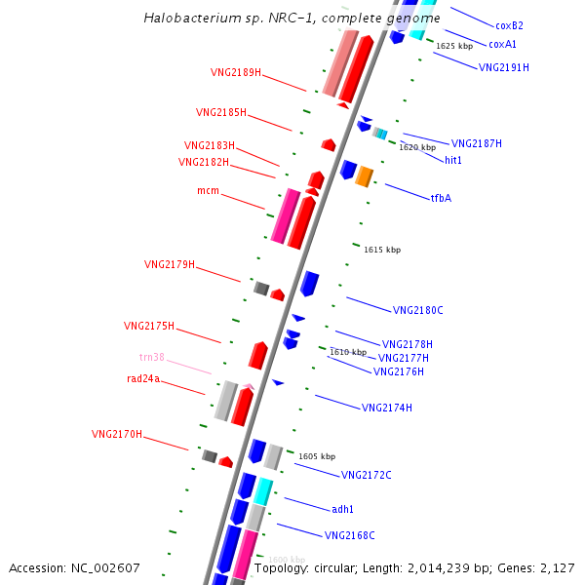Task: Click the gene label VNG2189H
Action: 235,72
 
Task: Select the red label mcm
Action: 208,190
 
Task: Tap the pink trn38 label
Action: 151,357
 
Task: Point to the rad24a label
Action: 142,378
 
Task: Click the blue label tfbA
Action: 441,198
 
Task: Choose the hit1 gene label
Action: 453,160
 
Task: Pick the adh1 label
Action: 342,509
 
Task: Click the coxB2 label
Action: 509,25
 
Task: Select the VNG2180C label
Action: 417,310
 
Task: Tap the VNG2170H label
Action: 116,434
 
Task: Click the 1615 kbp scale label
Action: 381,250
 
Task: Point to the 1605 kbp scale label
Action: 316,456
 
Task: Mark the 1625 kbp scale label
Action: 454,46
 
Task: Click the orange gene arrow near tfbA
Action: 364,176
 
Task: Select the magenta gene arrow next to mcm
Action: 285,216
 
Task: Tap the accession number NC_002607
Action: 75,567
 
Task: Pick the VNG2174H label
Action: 386,408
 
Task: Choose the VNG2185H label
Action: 220,112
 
